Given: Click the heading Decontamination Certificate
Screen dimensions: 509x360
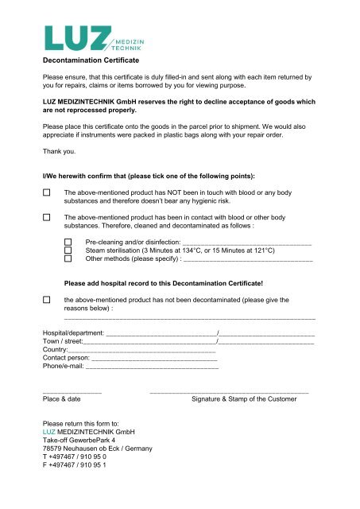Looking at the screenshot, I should coord(91,60).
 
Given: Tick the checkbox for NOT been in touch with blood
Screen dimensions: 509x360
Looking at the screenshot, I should coord(48,192).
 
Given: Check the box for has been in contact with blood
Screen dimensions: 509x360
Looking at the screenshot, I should coord(48,217).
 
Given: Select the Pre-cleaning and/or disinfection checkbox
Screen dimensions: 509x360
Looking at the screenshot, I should coord(68,241).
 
